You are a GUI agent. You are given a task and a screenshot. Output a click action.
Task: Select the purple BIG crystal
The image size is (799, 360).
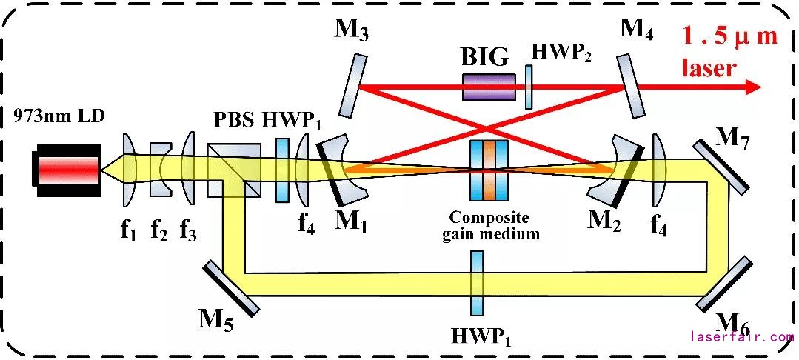coord(489,86)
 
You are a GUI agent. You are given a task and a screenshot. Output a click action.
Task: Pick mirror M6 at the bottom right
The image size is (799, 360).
coord(724,284)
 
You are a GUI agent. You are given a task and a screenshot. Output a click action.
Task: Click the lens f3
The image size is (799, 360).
coord(188,168)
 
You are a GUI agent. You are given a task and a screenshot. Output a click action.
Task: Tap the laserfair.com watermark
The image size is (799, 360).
coord(741,336)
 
